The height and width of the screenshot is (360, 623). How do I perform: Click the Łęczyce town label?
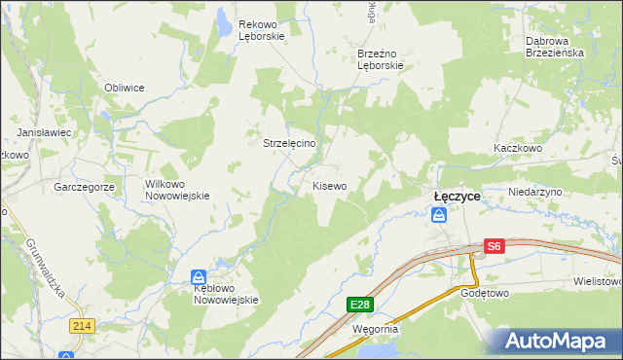(457, 196)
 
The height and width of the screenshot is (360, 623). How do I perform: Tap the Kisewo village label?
(329, 185)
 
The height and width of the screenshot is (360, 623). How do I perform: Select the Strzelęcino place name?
(289, 142)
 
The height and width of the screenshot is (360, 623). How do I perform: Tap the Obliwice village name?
(125, 88)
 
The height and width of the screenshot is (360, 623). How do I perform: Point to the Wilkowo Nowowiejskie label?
(177, 189)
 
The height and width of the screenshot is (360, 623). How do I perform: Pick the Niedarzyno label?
(535, 193)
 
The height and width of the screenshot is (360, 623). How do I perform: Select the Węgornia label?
(375, 329)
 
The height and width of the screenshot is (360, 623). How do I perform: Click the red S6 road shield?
(495, 247)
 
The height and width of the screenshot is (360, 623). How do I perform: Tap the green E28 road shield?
(360, 305)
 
